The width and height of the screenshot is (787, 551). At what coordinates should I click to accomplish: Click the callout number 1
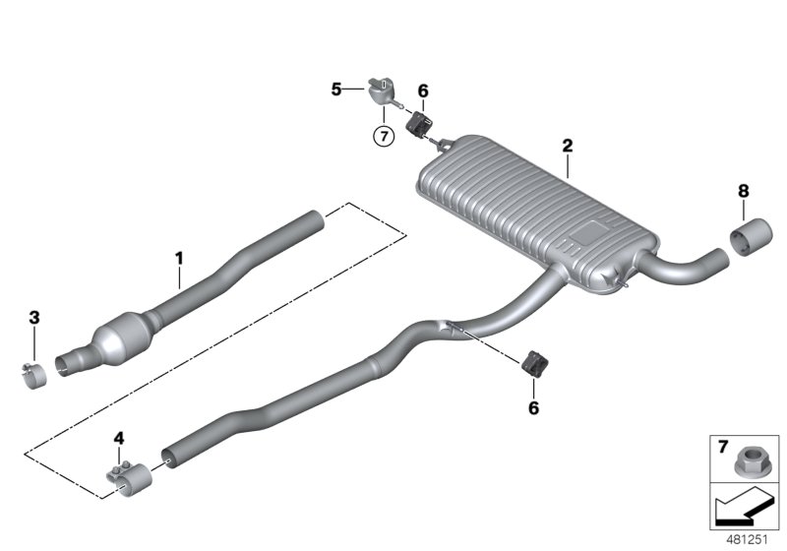click(179, 258)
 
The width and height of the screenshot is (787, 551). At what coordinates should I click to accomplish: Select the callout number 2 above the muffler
click(567, 146)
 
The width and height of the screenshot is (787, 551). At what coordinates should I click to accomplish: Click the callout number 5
click(336, 90)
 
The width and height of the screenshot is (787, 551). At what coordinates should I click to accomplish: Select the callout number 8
click(742, 190)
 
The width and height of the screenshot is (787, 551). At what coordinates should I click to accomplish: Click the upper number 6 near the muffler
click(423, 92)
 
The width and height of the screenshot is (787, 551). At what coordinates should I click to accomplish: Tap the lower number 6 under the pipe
click(534, 405)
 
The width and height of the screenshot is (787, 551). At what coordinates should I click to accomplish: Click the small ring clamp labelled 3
click(36, 375)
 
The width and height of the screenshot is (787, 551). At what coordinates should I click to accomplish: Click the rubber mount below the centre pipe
click(535, 364)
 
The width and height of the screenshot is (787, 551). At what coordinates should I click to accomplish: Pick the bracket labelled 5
click(380, 91)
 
